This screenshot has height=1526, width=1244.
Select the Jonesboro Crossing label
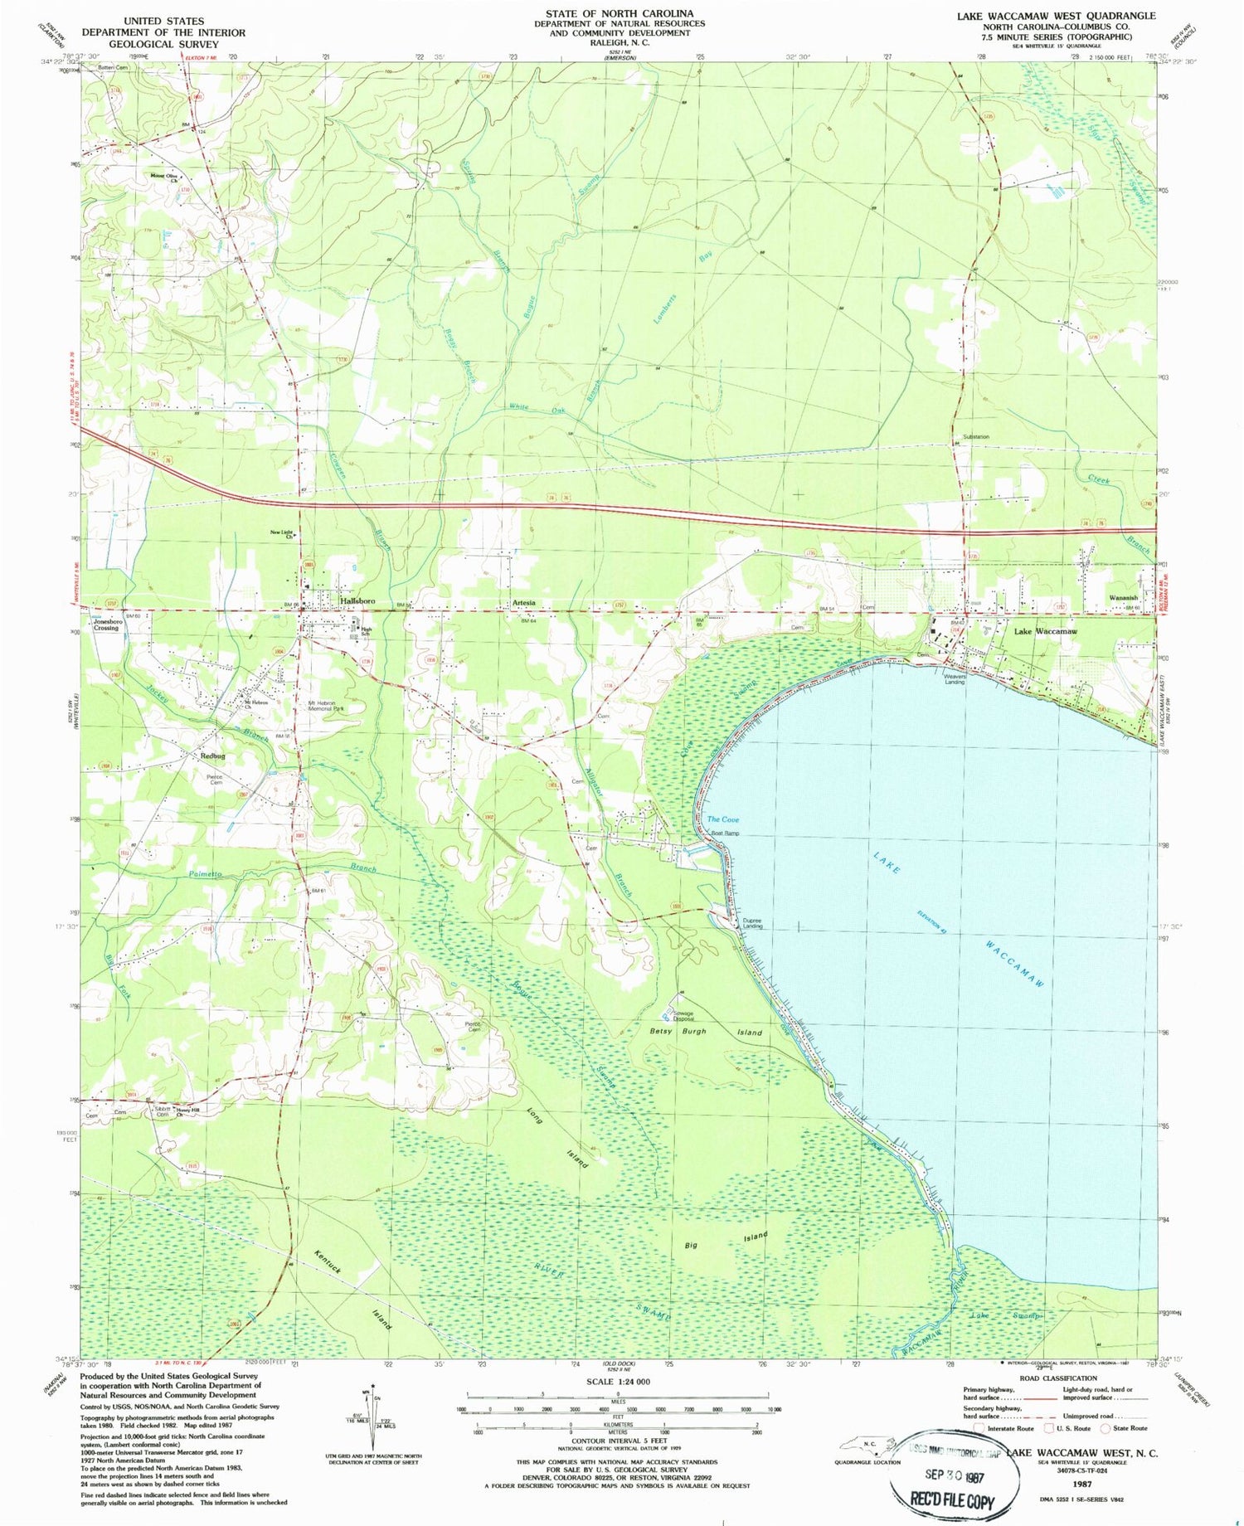pyautogui.click(x=106, y=624)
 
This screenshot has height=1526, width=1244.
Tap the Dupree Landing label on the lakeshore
pyautogui.click(x=752, y=922)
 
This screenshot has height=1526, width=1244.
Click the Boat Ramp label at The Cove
pyautogui.click(x=724, y=833)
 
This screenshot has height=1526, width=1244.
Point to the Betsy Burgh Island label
pyautogui.click(x=705, y=1032)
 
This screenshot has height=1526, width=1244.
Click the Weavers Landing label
pyautogui.click(x=955, y=678)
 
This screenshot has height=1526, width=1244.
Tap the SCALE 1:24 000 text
pyautogui.click(x=619, y=1381)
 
